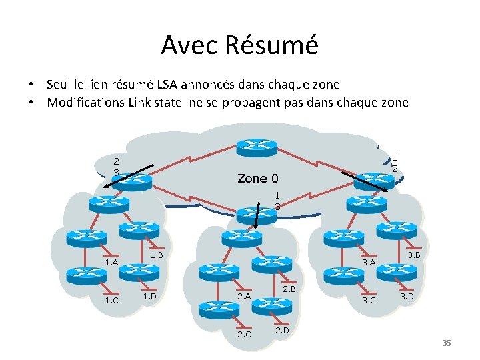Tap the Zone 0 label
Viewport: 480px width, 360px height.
(258, 178)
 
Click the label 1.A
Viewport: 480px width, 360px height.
(111, 263)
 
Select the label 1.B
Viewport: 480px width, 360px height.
(157, 255)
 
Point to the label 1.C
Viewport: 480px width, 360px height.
(111, 300)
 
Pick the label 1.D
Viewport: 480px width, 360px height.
(149, 295)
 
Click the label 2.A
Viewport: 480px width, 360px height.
(243, 296)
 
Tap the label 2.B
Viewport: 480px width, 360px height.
(289, 289)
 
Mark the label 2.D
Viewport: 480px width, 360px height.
(281, 329)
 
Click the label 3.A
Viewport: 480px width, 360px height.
(369, 263)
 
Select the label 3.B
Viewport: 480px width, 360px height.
(413, 255)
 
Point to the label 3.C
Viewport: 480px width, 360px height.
(369, 300)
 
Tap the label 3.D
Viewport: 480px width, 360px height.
(407, 295)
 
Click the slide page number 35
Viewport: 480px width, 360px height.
(447, 343)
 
